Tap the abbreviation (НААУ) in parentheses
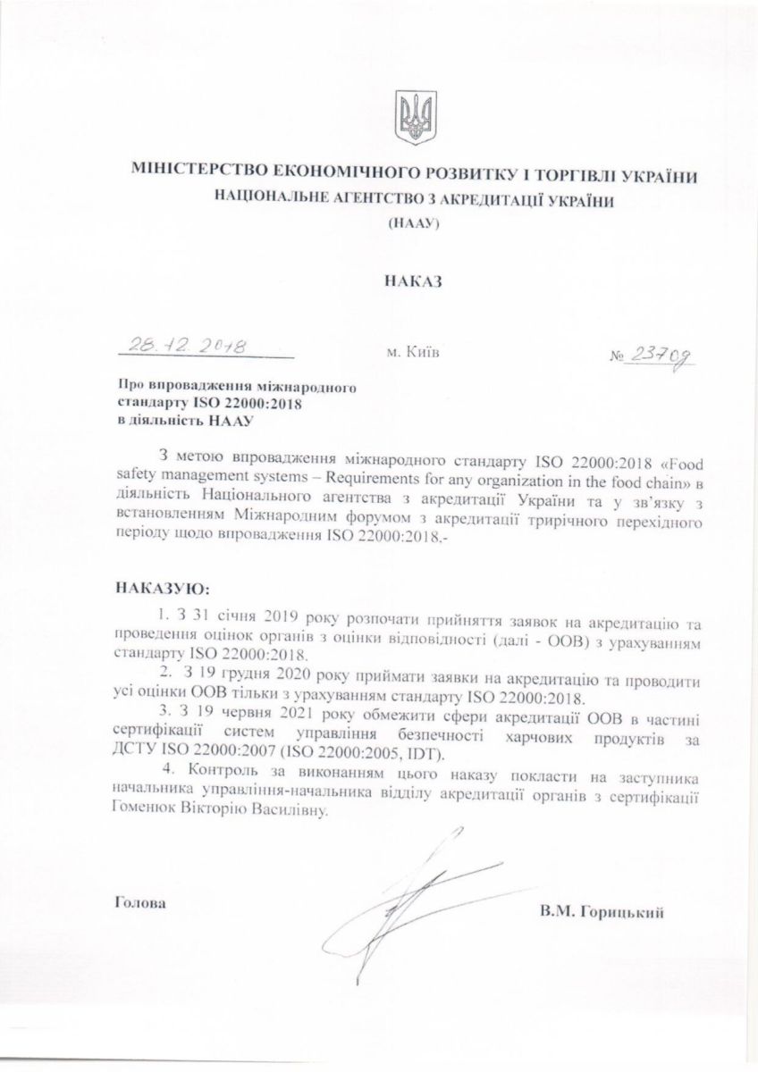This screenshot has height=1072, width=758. [x=411, y=229]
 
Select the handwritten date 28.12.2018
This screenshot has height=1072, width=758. [x=187, y=345]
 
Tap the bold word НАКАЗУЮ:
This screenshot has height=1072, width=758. [x=161, y=590]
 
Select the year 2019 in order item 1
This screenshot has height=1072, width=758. [x=285, y=617]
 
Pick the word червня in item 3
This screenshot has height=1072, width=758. [x=247, y=716]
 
